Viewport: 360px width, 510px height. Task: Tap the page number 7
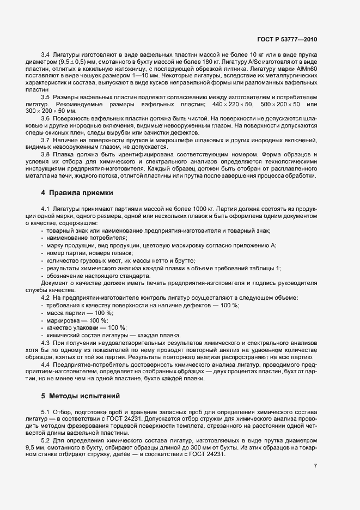tap(315, 466)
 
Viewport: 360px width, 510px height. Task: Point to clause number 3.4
tap(46, 55)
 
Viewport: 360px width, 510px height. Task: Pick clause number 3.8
tap(46, 154)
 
